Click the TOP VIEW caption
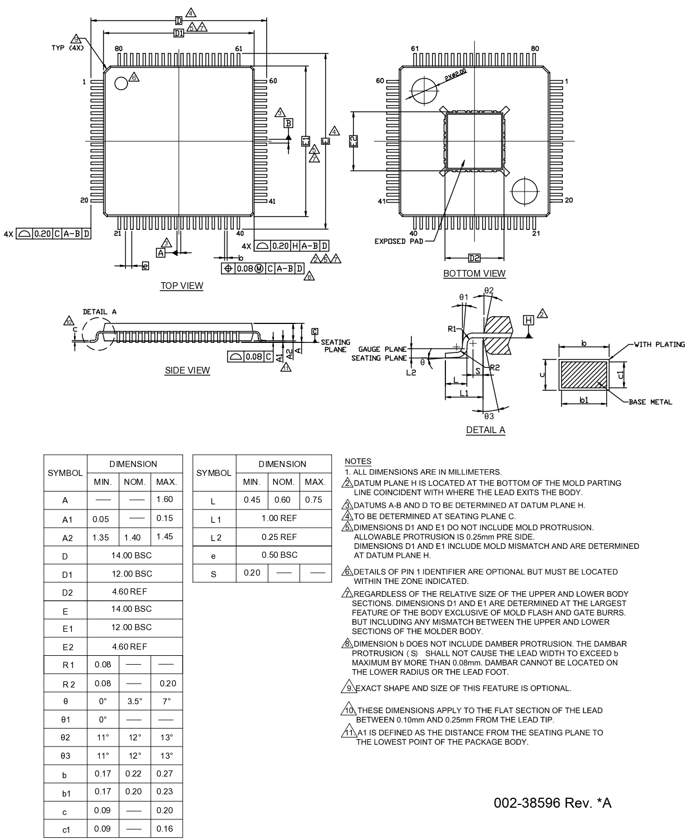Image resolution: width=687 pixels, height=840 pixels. [x=182, y=286]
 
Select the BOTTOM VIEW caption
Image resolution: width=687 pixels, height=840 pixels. [x=474, y=273]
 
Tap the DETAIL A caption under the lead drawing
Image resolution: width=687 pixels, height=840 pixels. [x=485, y=430]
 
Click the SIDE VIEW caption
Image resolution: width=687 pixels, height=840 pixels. [x=187, y=370]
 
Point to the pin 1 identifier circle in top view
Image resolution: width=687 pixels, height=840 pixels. [x=121, y=83]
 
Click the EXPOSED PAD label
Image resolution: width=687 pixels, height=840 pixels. [x=398, y=241]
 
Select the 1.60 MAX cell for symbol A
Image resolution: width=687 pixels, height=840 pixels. [x=165, y=499]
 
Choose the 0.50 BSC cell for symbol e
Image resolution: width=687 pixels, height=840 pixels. [x=279, y=555]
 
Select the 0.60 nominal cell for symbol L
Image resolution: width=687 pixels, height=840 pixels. [x=282, y=500]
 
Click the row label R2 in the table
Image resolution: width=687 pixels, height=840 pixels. [x=65, y=684]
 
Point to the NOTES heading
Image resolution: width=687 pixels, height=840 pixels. [x=358, y=461]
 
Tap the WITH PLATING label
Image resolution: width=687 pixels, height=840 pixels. [x=659, y=345]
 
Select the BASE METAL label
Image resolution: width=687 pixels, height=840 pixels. [x=650, y=402]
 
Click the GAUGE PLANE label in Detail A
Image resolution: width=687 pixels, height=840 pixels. [x=382, y=350]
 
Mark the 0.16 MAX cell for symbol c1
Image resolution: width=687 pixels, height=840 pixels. [x=165, y=829]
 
